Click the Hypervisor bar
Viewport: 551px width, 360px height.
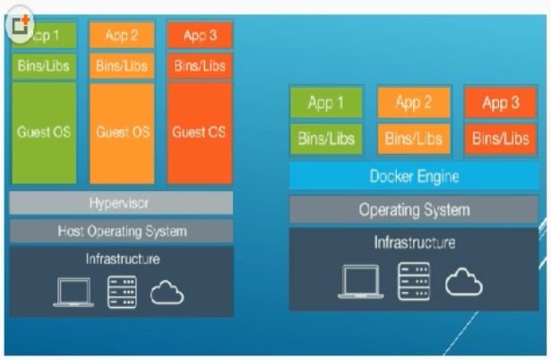(122, 202)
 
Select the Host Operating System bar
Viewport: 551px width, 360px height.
(122, 231)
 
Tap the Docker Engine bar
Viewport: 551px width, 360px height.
(414, 176)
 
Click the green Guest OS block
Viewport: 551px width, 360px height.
(45, 133)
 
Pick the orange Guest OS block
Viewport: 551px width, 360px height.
(122, 133)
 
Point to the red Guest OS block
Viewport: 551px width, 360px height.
(200, 133)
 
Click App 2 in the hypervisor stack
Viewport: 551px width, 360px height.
(122, 36)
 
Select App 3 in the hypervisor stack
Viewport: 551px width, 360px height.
(200, 36)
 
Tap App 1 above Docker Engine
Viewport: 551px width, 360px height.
(326, 104)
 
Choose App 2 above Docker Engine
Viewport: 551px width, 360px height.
(414, 104)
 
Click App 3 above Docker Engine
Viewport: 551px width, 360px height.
(501, 104)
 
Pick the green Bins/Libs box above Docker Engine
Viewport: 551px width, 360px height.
(326, 139)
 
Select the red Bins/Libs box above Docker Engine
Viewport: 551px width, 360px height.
(501, 139)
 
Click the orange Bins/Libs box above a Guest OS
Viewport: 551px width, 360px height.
(122, 65)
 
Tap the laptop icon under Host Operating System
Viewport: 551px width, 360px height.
(73, 293)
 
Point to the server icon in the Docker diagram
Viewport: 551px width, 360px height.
(413, 280)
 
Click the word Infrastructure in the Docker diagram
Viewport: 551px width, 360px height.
(414, 243)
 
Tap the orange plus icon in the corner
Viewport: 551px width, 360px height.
(20, 23)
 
